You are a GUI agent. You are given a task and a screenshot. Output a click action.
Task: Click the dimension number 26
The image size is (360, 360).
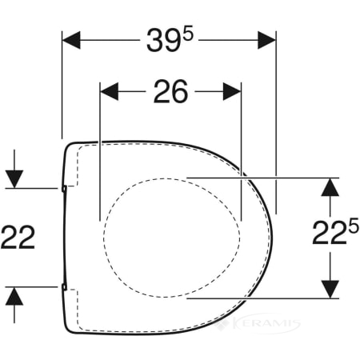pos(170,91)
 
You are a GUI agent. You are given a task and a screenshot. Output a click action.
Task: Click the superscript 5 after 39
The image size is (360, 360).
pos(188,35)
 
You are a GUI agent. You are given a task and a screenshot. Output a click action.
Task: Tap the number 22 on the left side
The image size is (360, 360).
pos(18,237)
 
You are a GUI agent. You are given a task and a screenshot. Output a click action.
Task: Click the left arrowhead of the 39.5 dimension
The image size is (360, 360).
pos(71,40)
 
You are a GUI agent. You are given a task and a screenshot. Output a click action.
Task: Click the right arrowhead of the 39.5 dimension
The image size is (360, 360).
pos(266,40)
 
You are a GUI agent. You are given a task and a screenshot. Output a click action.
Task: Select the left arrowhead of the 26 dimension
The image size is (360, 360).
pos(109,91)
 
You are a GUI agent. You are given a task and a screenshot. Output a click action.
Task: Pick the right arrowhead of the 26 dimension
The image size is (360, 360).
pos(232,91)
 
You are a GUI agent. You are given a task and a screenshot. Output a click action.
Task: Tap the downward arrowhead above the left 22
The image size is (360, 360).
pos(14,179)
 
